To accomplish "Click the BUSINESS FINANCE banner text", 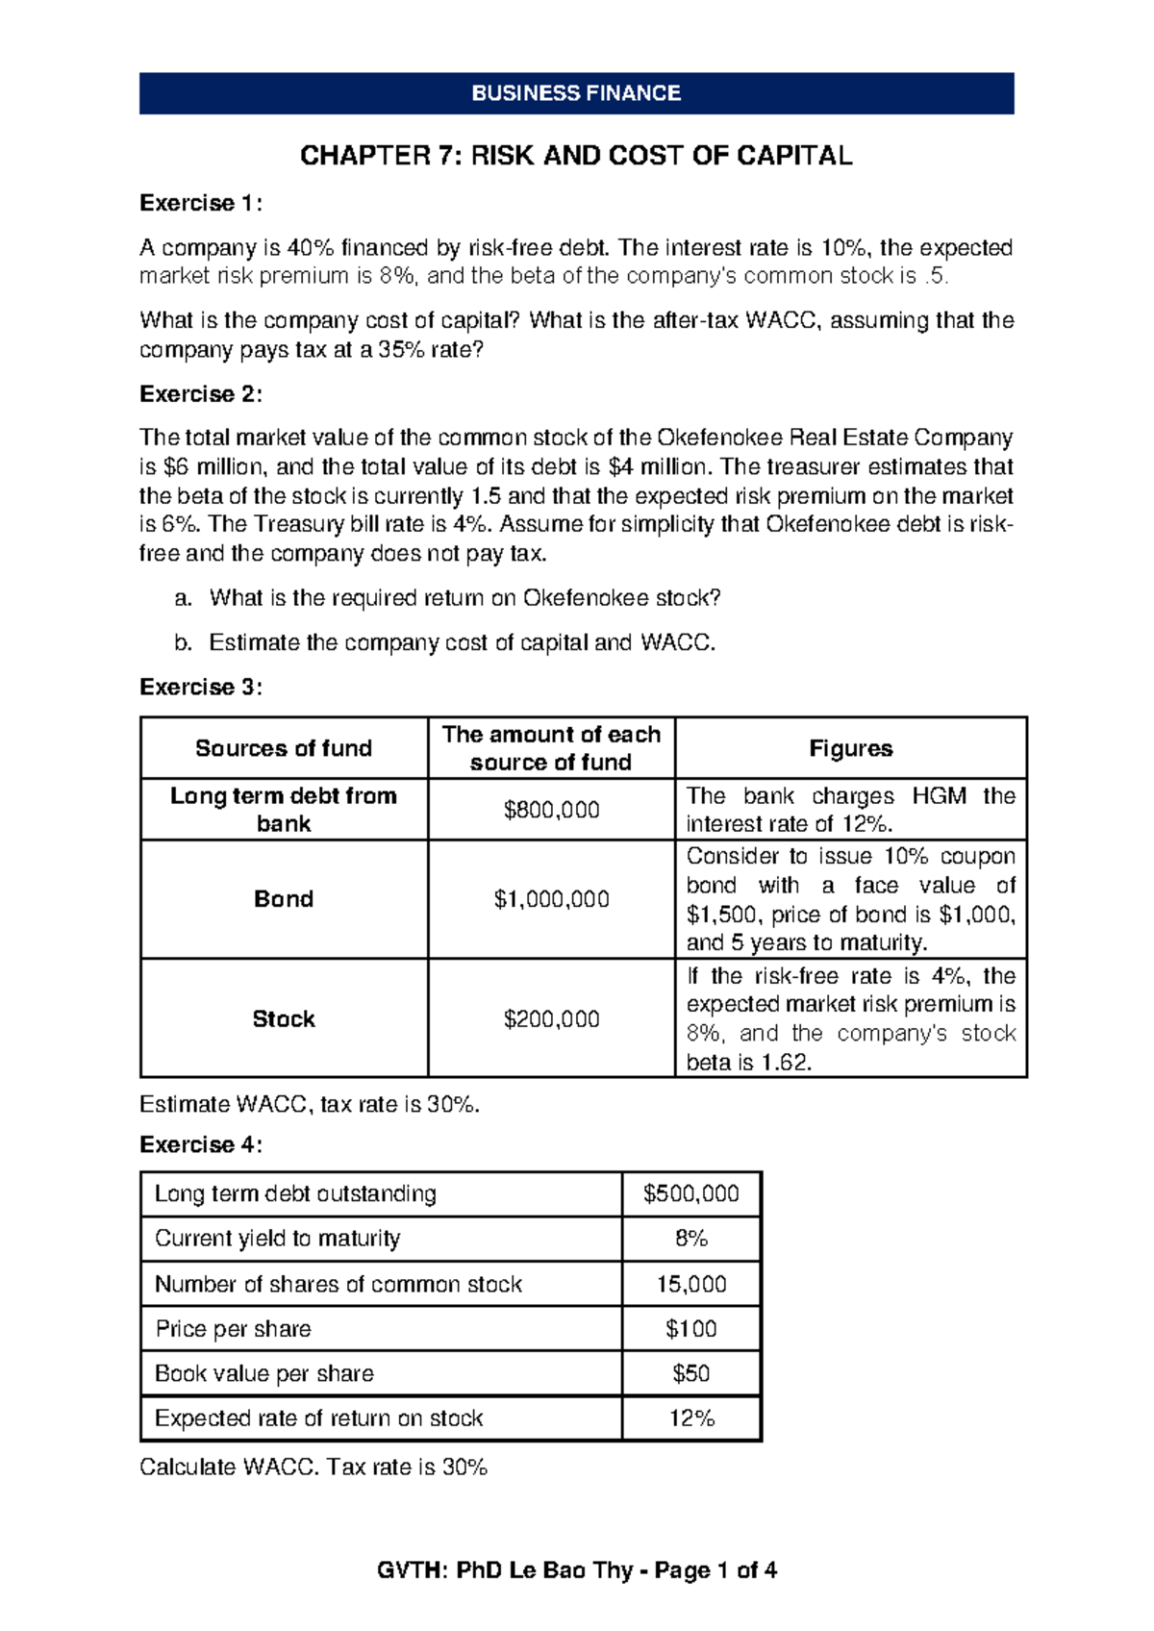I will click(576, 93).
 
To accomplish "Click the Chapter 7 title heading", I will click(576, 156).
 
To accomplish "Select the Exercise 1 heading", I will click(200, 203).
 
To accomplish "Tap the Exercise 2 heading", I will click(200, 394).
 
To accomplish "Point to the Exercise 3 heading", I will click(200, 687).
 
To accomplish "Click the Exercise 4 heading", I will click(200, 1144).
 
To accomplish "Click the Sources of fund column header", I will click(284, 748).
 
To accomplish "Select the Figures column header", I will click(850, 748).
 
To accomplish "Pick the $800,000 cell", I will click(551, 810).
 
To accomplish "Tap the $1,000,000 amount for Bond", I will click(551, 899).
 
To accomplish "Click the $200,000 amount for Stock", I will click(551, 1018).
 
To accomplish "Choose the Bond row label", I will click(284, 899).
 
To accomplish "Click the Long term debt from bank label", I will click(284, 810).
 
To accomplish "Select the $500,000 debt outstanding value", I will click(690, 1194).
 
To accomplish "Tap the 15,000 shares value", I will click(690, 1284).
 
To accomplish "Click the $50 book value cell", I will click(690, 1373).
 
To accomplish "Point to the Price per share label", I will click(234, 1329).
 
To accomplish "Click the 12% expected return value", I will click(690, 1418).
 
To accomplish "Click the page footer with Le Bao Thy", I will click(576, 1570).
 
